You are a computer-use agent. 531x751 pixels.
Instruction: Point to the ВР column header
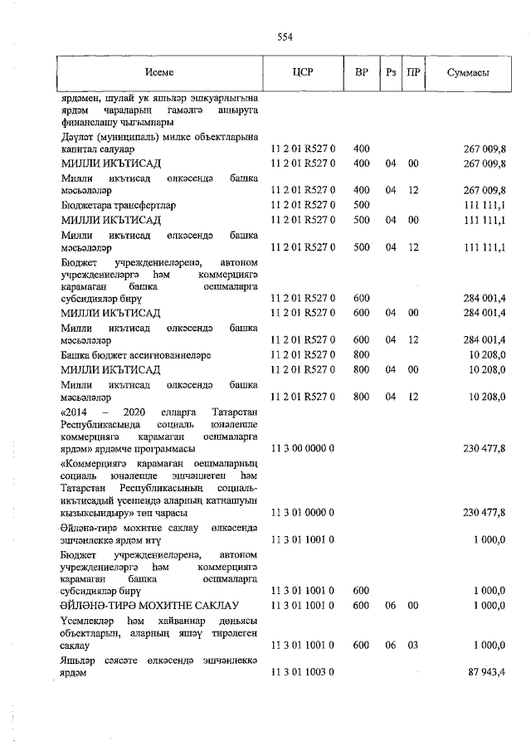(361, 73)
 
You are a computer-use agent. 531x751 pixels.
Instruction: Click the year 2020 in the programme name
(134, 412)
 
